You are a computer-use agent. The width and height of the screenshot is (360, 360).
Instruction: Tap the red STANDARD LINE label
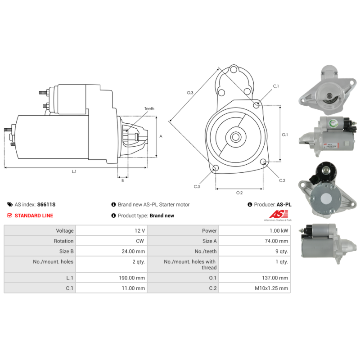point(34,216)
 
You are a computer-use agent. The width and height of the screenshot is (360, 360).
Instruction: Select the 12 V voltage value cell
point(138,230)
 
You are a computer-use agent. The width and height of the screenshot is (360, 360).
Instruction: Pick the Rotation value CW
point(139,241)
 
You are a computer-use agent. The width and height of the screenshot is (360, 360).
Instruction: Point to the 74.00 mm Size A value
point(277,241)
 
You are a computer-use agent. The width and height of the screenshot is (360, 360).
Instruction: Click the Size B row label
point(63,251)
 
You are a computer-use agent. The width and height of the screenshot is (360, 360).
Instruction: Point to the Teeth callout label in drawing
point(149,109)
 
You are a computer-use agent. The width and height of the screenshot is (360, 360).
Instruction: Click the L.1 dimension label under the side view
point(74,171)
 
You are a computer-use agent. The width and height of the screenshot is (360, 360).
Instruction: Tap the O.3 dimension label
point(190,93)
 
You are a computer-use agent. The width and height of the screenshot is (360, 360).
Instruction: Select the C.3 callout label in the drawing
point(197,186)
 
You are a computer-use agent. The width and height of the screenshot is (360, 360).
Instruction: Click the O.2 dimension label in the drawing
point(239,193)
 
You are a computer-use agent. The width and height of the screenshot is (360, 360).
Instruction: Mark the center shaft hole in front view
point(235,136)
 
